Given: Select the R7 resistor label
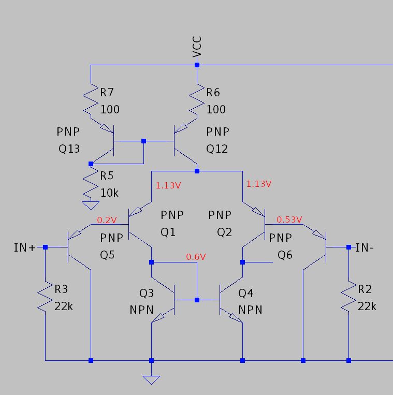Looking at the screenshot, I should click(107, 93).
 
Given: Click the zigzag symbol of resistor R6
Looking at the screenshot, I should click(197, 101).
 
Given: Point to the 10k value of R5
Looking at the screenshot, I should click(109, 193).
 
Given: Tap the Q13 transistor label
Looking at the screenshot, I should click(69, 149).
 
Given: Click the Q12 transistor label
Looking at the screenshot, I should click(217, 149).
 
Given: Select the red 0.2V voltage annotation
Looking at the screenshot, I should click(107, 220).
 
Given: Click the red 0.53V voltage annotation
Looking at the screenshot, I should click(289, 220).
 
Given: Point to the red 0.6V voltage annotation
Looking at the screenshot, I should click(196, 257).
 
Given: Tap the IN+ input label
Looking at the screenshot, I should click(25, 247).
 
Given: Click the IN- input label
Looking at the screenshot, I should click(365, 247).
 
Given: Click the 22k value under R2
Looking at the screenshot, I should click(367, 306).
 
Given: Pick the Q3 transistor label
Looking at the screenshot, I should click(147, 294).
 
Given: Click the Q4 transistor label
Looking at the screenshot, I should click(245, 294).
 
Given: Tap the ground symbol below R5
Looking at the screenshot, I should click(91, 205).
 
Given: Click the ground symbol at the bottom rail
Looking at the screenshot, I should click(151, 380).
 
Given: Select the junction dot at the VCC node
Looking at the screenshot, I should click(197, 65).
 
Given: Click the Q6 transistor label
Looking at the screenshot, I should click(285, 255).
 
